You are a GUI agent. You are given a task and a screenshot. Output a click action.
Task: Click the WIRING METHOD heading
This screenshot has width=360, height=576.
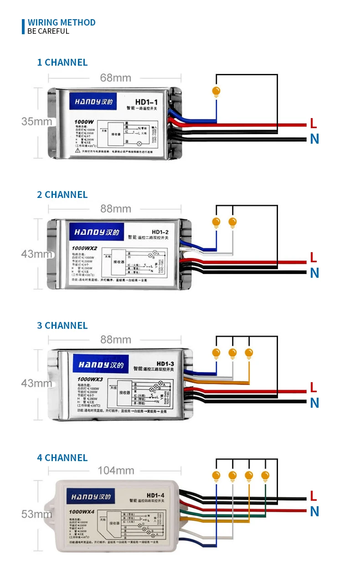[x=62, y=22]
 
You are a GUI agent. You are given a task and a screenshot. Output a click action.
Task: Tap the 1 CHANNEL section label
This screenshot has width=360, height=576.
[x=62, y=62]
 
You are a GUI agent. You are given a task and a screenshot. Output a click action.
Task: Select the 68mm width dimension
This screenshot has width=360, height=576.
[x=116, y=78]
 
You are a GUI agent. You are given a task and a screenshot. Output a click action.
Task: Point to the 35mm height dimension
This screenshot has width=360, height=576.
[x=36, y=121]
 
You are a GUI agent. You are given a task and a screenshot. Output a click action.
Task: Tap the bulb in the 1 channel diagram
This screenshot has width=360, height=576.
[x=216, y=91]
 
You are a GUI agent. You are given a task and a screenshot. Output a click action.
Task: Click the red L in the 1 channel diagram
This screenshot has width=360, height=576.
[x=313, y=123]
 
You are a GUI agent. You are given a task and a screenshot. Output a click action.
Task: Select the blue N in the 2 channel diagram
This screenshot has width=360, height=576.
[x=314, y=273]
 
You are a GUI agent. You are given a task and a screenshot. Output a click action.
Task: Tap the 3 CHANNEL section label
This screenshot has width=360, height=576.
[x=62, y=326]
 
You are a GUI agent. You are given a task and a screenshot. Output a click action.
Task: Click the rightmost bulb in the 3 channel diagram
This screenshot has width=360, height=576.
[x=248, y=353]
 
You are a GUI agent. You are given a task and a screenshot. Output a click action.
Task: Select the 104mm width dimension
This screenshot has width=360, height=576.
[x=116, y=471]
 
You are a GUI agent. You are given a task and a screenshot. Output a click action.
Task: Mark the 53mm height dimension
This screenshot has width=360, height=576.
[x=36, y=514]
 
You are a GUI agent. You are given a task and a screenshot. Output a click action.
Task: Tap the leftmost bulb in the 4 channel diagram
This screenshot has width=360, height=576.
[x=216, y=476]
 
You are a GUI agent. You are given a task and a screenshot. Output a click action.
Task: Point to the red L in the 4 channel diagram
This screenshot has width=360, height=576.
[x=313, y=496]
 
